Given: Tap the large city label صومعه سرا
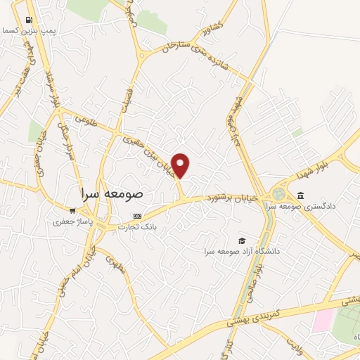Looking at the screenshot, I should [x=112, y=192].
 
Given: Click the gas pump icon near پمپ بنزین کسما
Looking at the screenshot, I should [x=28, y=20].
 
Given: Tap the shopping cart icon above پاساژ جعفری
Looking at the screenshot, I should [x=72, y=210].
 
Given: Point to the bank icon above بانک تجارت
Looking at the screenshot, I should [x=138, y=216].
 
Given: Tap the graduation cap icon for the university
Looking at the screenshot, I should [x=242, y=240].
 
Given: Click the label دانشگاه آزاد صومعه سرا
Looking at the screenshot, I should [x=242, y=251].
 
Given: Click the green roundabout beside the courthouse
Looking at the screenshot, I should [x=278, y=193].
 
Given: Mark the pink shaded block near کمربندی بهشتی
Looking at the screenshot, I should [x=323, y=319].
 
